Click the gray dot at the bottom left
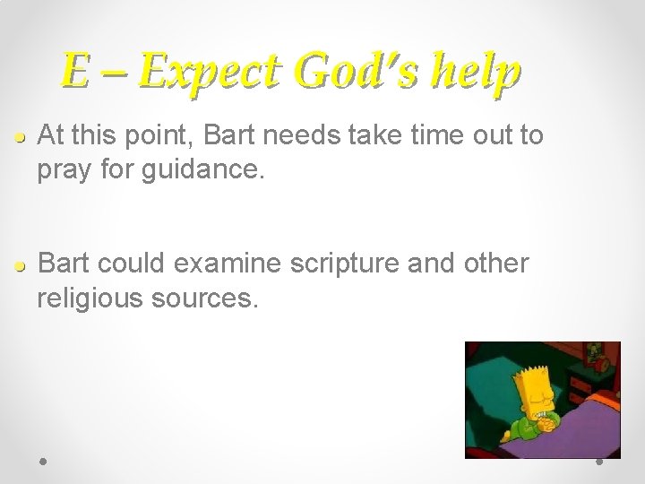click(44, 463)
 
